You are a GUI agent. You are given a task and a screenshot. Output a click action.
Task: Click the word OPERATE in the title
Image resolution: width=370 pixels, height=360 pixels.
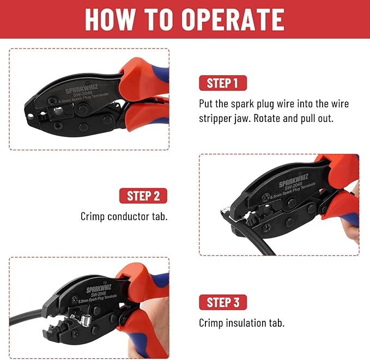point(233,20)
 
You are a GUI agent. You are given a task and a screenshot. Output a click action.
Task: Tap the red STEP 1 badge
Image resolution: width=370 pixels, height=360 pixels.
point(223,83)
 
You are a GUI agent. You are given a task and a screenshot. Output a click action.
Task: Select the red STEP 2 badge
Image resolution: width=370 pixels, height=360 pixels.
point(143,196)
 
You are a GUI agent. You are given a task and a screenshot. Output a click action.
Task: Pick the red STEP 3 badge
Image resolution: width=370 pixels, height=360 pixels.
point(223,302)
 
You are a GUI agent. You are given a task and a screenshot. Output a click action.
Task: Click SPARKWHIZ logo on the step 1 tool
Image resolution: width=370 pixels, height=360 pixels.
point(82,88)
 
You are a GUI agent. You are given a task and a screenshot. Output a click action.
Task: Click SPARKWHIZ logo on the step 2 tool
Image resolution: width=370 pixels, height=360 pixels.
point(294,180)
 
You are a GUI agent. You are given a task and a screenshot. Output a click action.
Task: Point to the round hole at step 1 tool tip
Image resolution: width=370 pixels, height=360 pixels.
point(30,116)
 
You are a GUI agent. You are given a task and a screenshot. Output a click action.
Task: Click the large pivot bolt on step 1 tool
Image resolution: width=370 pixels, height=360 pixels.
point(82,109)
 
